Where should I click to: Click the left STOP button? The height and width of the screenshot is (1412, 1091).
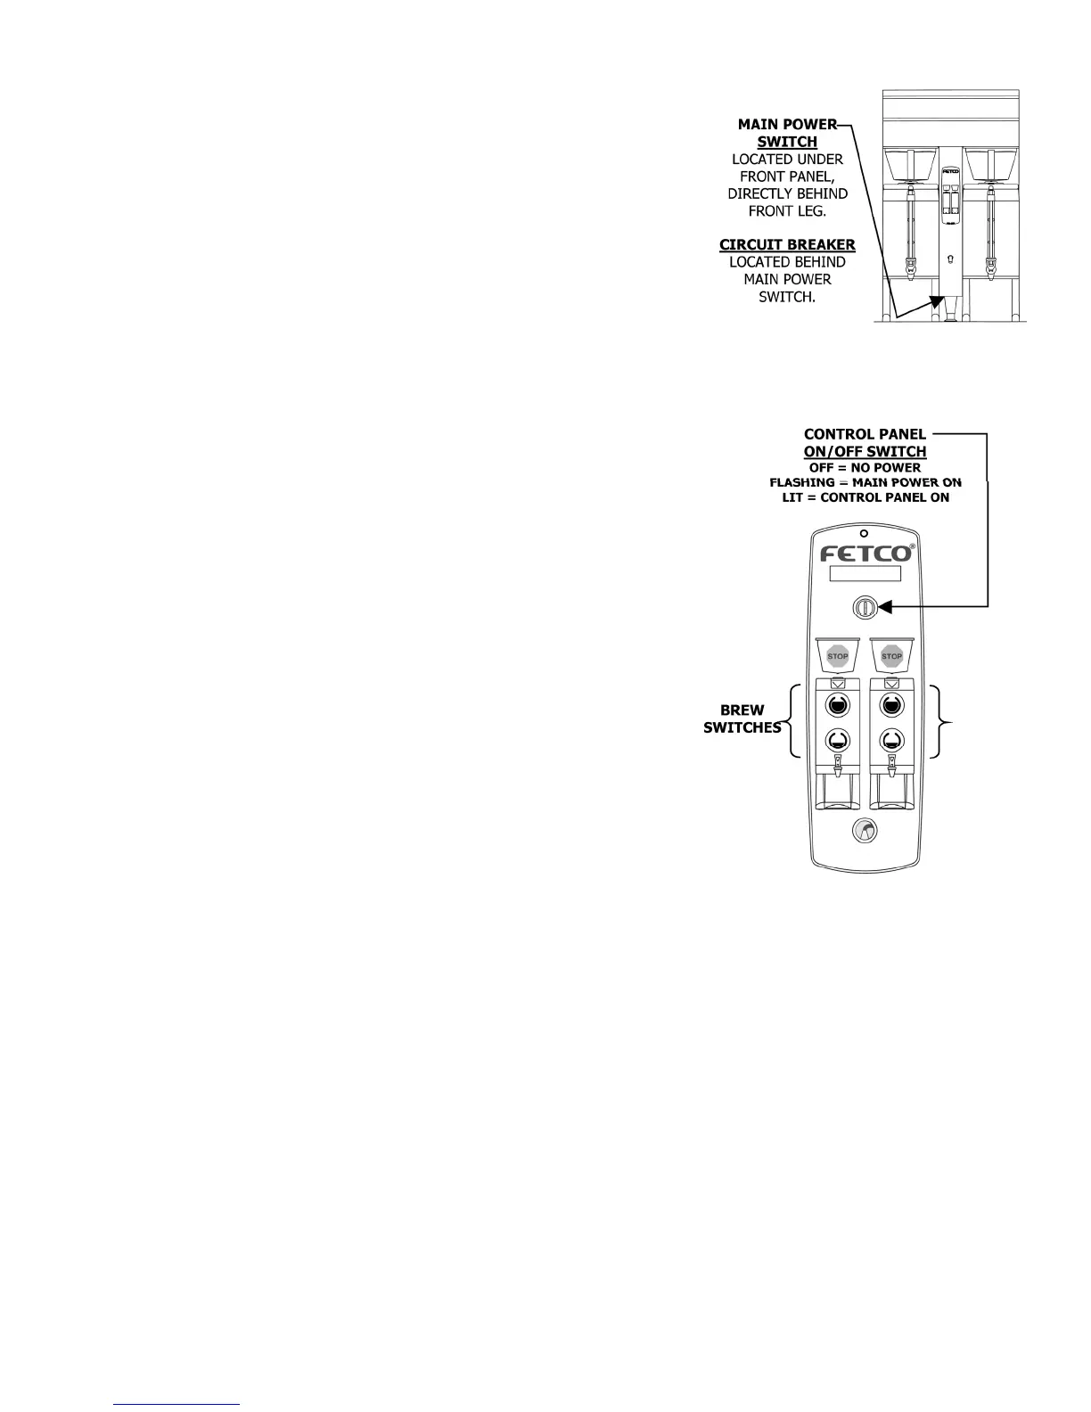[838, 656]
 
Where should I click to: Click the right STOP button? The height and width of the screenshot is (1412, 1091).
[891, 656]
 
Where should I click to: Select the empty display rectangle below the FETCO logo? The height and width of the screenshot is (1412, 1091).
[865, 574]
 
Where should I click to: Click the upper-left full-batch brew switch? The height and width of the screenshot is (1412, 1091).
[838, 706]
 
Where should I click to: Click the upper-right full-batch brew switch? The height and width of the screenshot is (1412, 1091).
[891, 706]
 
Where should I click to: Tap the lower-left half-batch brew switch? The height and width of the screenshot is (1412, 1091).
[838, 739]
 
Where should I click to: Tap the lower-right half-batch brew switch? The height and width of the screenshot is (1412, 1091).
[891, 739]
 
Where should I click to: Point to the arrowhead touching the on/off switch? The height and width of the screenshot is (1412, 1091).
[885, 607]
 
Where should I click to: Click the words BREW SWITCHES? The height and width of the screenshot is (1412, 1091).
[742, 718]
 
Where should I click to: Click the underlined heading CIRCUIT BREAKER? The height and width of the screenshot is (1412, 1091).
[787, 244]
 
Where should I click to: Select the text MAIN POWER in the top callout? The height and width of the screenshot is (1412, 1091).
[787, 125]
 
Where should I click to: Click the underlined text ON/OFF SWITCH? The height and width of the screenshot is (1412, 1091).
[865, 452]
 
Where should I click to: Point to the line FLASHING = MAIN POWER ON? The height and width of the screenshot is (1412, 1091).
[865, 482]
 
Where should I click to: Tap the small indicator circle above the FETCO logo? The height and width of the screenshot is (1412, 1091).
[864, 533]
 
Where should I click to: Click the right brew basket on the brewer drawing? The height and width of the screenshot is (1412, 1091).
[990, 164]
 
